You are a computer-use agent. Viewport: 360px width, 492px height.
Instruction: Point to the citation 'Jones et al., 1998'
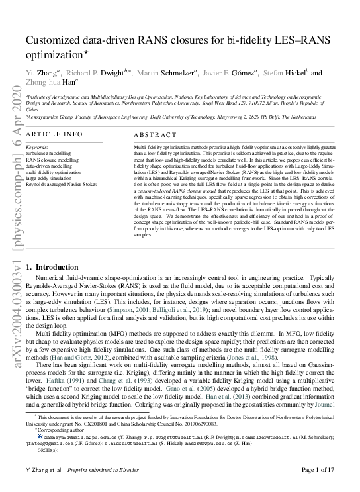point(242,358)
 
